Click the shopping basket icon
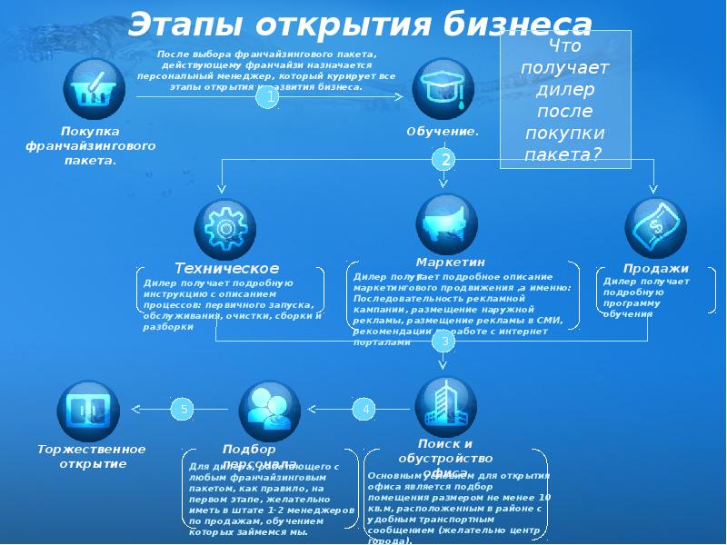point(95,88)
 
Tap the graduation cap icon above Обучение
point(443,88)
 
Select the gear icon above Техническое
point(225,226)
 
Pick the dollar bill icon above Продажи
point(655,226)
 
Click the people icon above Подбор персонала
point(269,410)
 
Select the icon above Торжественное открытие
point(87,411)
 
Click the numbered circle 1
point(266,98)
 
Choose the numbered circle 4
point(365,410)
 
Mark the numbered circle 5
point(184,410)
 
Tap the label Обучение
point(443,133)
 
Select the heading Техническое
point(227,268)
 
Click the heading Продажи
point(656,269)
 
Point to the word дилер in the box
point(565,89)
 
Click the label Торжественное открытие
point(91,457)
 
